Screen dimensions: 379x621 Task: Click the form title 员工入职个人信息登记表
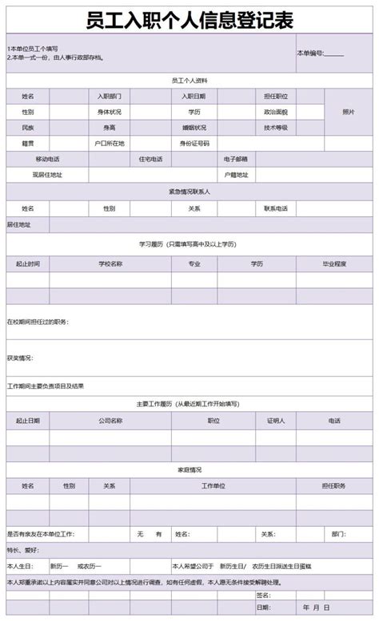pos(189,19)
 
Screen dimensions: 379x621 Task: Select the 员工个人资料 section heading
pos(189,81)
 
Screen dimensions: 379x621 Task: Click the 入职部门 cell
pos(110,96)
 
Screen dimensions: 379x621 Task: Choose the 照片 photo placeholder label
pos(348,112)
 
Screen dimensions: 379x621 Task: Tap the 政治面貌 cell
pos(275,112)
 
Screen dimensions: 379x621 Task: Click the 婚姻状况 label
pos(193,128)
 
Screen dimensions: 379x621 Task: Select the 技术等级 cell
pos(275,128)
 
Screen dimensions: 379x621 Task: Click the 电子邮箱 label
pos(236,159)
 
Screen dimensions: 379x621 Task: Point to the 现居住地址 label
pos(47,174)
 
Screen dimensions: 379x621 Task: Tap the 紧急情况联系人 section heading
pos(189,192)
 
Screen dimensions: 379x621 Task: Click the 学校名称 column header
pos(110,263)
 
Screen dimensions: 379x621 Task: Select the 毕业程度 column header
pos(334,263)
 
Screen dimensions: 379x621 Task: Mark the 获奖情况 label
pos(20,358)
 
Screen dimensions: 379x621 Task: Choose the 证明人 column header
pos(275,420)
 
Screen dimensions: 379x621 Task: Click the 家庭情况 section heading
pos(189,469)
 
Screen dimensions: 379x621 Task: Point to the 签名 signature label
pos(263,595)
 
